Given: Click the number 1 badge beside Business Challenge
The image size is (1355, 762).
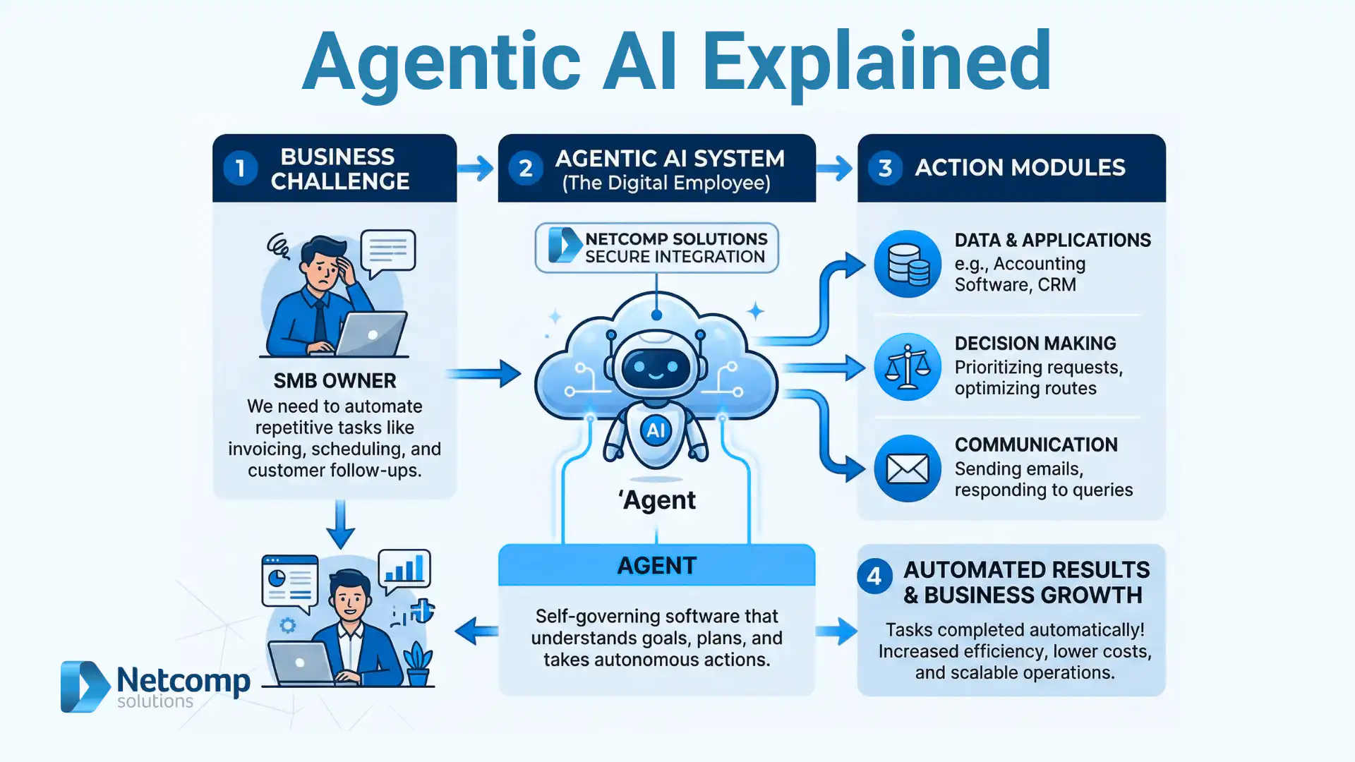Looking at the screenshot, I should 240,169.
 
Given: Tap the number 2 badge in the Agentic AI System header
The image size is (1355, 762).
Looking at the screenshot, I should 526,169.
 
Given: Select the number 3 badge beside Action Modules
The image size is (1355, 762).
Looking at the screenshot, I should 885,168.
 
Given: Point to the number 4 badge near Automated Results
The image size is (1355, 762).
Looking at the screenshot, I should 874,576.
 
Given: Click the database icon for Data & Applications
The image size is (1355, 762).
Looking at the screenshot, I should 908,264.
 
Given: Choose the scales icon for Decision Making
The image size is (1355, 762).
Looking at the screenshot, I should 908,367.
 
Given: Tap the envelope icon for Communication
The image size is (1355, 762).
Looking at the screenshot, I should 908,468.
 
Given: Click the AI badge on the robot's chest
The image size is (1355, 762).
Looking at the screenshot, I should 656,430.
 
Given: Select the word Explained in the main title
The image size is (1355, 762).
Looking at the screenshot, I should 877,62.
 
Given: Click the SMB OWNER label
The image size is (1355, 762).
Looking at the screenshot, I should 335,381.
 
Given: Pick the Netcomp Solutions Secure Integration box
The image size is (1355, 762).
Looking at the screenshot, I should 656,248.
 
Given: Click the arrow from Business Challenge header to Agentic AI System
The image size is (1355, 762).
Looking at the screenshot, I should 476,169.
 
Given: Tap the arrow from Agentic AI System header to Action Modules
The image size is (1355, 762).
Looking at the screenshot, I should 835,169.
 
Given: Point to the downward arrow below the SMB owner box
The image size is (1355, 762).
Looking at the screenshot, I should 341,526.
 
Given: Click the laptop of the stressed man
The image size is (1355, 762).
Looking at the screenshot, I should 371,334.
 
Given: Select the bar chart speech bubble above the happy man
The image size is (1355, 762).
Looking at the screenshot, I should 405,569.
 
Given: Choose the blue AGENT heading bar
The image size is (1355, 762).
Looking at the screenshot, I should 656,565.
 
